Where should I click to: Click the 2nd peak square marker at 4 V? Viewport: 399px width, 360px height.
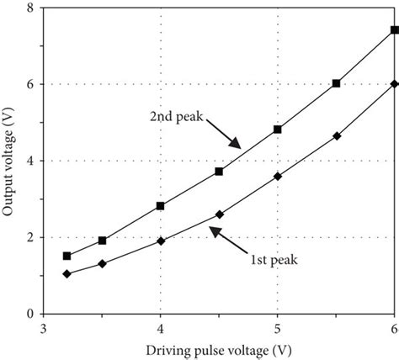click(160, 205)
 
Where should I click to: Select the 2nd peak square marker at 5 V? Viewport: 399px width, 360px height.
click(278, 130)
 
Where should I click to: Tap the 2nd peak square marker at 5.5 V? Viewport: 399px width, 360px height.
click(337, 83)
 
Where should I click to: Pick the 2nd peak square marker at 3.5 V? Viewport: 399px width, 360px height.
click(102, 240)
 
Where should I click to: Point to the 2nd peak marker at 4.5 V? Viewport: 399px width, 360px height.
click(219, 171)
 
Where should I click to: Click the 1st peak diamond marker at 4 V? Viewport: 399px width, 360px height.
click(160, 241)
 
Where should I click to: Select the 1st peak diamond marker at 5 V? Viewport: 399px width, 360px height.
click(278, 176)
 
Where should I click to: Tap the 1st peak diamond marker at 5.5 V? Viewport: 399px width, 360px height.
click(337, 135)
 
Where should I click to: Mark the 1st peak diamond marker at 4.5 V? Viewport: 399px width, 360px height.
click(219, 214)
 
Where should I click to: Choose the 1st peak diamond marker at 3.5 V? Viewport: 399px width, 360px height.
click(102, 263)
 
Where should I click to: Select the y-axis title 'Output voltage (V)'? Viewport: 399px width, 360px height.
click(11, 160)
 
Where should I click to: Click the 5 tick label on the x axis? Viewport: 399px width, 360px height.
click(278, 325)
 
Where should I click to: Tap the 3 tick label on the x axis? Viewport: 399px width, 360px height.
click(43, 325)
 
